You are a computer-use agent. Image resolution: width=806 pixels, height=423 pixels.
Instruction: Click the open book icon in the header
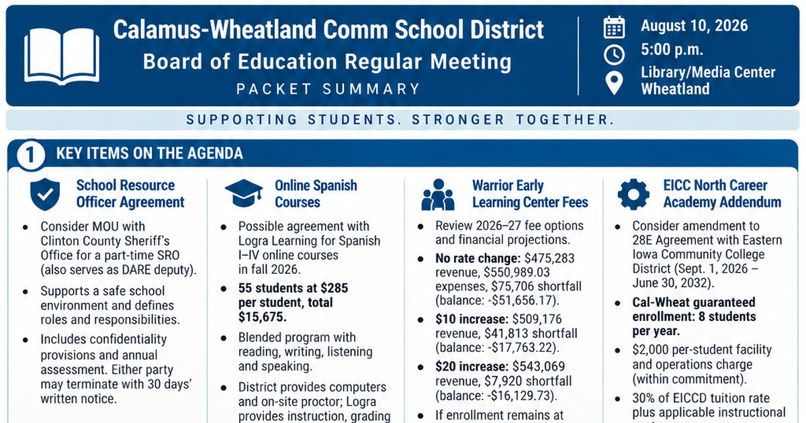coord(62,56)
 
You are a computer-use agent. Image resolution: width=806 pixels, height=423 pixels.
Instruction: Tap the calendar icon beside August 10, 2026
coord(614,27)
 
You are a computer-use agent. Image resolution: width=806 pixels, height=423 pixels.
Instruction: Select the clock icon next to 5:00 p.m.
coord(614,54)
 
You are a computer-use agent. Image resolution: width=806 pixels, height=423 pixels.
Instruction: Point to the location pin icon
coord(614,83)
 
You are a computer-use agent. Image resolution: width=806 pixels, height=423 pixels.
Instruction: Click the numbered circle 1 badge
coord(31,155)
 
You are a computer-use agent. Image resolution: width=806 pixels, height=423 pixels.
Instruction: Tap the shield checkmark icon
coord(45,194)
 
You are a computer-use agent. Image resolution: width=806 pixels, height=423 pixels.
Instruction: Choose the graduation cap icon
coord(244,193)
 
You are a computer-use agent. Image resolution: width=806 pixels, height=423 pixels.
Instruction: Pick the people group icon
coord(438,195)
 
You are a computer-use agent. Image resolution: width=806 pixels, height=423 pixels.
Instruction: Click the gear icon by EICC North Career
coord(633,194)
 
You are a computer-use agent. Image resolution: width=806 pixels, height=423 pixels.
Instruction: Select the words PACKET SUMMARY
coord(328,89)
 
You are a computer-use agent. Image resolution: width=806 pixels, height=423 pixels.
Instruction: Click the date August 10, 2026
coord(694,26)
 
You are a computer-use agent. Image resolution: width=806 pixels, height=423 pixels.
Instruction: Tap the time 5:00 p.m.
coord(672,50)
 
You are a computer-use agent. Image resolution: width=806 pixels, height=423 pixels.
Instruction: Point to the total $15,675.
coord(263,317)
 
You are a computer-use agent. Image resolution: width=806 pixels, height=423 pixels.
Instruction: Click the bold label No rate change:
coord(478,258)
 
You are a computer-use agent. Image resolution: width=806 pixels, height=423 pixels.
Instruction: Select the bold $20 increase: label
coord(472,367)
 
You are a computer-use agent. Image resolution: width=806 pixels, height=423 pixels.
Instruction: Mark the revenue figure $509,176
coord(537,319)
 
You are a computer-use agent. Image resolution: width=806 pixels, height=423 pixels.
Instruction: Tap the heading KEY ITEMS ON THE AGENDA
coord(149,154)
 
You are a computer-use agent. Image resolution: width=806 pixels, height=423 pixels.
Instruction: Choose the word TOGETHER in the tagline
coord(566,120)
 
